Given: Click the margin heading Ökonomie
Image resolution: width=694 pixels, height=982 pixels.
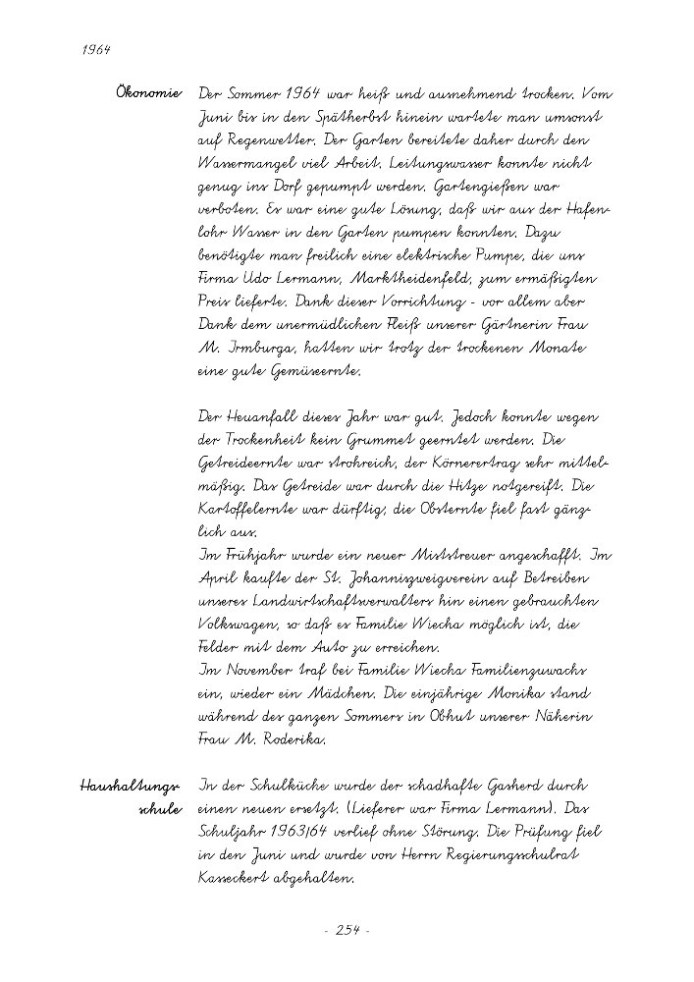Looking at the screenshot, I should [148, 94].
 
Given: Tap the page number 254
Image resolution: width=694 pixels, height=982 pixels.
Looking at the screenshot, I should [347, 929].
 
